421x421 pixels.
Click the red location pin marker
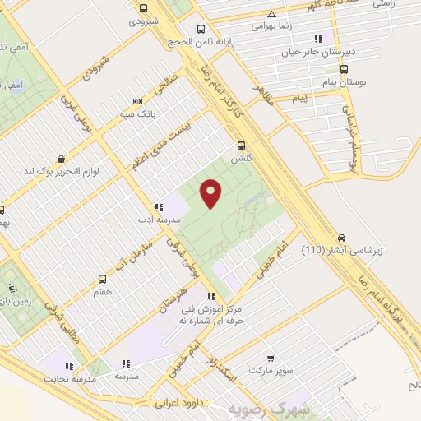[211, 193]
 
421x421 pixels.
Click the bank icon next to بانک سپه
[136, 102]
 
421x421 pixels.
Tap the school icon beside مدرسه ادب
[156, 207]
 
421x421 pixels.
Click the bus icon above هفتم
[102, 279]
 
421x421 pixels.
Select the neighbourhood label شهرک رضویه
[269, 409]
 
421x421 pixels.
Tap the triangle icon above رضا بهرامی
[271, 15]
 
